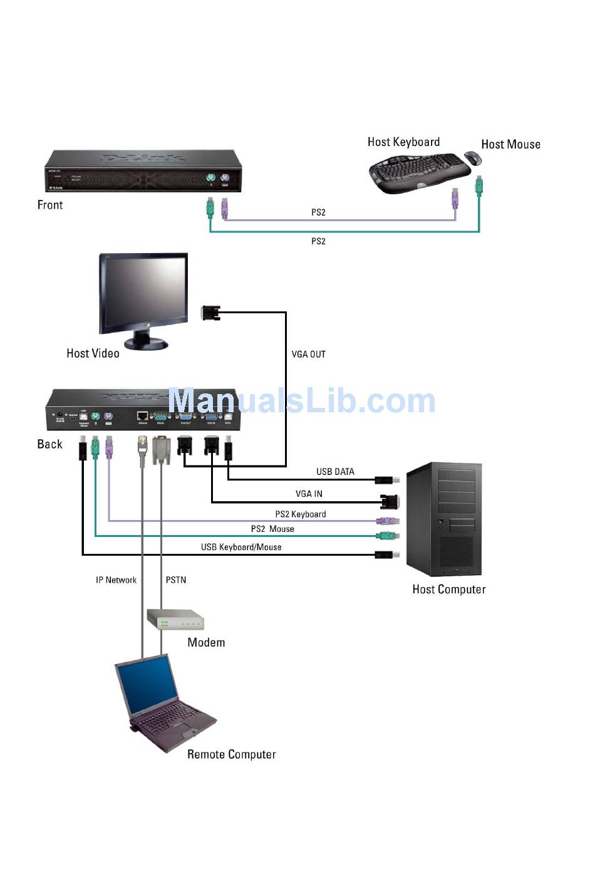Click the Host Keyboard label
[403, 142]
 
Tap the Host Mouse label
[510, 144]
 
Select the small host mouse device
[473, 157]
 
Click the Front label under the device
[50, 205]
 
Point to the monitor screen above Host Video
[144, 293]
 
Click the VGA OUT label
[309, 354]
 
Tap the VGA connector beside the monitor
[210, 312]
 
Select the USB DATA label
[335, 472]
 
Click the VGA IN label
[309, 494]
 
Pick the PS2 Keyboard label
[301, 514]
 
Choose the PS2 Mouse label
[272, 529]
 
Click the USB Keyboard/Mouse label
[241, 547]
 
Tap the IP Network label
[116, 580]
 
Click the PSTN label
[176, 580]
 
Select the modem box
[175, 620]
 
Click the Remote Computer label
[232, 754]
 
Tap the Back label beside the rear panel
[50, 444]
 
